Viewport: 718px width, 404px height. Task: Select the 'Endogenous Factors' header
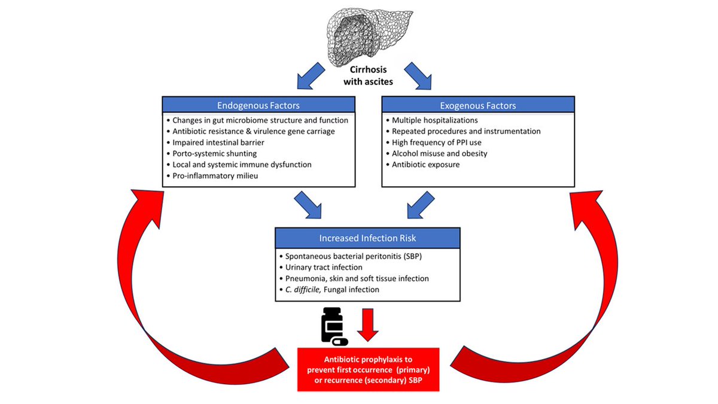pos(258,105)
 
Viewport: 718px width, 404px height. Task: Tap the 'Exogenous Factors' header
pos(477,105)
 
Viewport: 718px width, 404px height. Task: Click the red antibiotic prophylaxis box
pos(368,369)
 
